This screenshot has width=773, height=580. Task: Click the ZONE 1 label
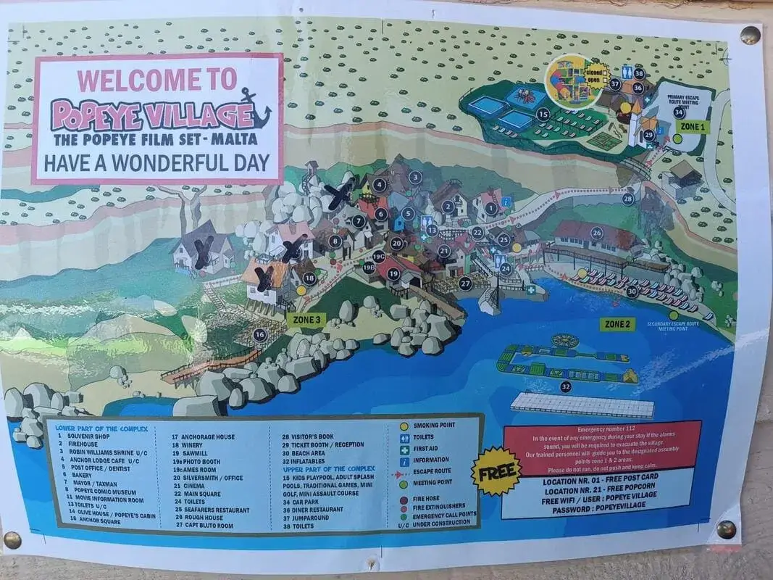coord(691,126)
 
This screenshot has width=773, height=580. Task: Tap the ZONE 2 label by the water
coord(617,324)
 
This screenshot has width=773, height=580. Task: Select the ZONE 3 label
coord(304,318)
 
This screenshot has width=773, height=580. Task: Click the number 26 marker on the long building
coord(597,233)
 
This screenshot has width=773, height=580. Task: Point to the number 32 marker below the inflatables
coord(566,386)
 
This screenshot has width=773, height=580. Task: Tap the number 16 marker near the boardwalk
coord(259,334)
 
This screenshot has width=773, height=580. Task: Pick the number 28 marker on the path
coord(627,198)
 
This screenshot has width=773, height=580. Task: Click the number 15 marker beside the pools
coord(543,113)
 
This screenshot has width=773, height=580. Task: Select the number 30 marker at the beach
coord(632,291)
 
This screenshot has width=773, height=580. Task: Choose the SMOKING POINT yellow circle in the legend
coord(404,426)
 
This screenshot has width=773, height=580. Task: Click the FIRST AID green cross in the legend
coord(404,449)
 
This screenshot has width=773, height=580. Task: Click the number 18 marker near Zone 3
coord(310,278)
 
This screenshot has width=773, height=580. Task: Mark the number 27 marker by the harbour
coord(465,283)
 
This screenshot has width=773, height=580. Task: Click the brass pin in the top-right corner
coord(750,33)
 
